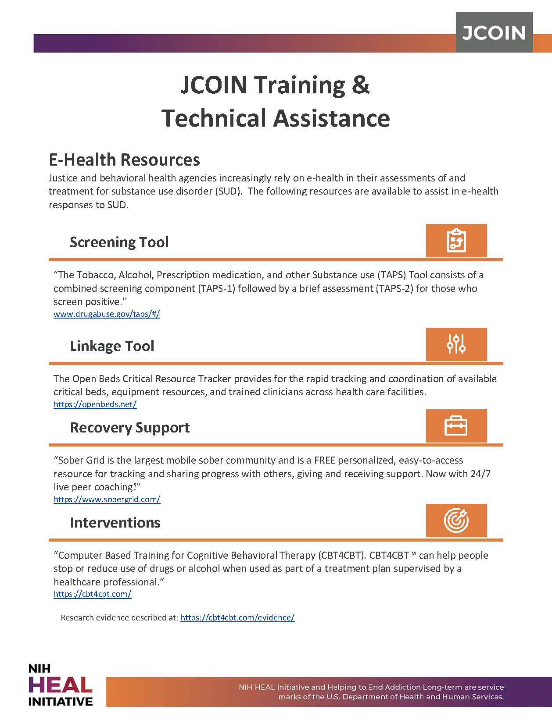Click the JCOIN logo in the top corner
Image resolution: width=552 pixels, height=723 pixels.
494,32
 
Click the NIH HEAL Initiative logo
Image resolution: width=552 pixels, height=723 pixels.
60,685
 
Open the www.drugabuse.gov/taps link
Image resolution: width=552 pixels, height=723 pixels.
107,314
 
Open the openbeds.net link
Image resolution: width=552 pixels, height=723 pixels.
95,404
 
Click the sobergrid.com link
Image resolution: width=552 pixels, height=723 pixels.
107,499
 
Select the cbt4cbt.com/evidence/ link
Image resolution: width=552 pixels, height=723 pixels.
237,617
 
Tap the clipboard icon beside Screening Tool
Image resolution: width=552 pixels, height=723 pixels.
456,241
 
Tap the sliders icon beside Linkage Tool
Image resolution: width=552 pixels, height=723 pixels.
456,344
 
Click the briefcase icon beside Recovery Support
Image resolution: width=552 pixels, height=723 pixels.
456,426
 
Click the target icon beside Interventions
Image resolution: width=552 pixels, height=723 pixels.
456,521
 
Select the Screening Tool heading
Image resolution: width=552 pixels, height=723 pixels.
119,242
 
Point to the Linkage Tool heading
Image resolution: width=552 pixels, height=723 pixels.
112,346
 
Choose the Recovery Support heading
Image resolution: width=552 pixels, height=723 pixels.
130,427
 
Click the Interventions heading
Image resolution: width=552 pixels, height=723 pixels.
115,522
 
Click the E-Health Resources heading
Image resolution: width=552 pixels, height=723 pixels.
124,159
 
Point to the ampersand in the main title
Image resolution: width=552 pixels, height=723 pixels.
360,85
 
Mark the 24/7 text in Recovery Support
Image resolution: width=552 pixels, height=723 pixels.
480,474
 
